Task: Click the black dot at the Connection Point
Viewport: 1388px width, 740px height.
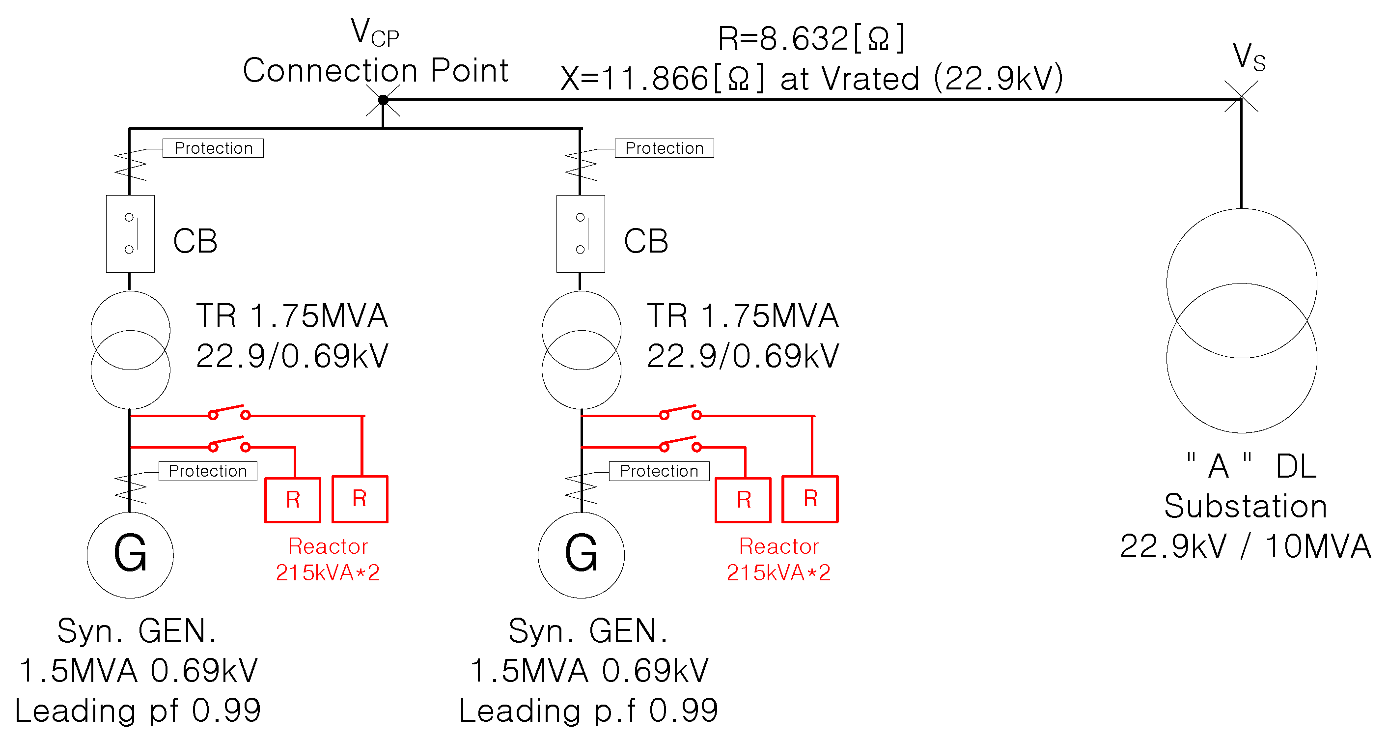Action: [x=383, y=100]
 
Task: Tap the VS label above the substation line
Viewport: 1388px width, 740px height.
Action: [x=1248, y=57]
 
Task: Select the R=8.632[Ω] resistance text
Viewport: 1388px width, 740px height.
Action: [x=811, y=39]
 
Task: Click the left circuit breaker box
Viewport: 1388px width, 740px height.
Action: [x=130, y=233]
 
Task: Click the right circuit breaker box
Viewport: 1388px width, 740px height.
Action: [x=581, y=233]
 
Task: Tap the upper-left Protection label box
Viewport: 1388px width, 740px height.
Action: [x=213, y=148]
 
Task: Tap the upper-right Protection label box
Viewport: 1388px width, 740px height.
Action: [x=664, y=148]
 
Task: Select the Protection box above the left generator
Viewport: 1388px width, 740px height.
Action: [x=207, y=471]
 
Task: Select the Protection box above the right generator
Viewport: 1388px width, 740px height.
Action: [x=659, y=471]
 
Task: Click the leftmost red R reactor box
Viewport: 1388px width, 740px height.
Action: [x=293, y=500]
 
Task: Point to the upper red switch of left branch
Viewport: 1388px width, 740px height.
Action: [x=229, y=412]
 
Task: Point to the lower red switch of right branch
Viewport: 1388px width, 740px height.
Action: [x=680, y=444]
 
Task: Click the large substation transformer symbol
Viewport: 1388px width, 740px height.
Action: [x=1242, y=321]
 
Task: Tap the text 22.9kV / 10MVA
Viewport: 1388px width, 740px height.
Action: [x=1245, y=546]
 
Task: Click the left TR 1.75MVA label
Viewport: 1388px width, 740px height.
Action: [x=292, y=316]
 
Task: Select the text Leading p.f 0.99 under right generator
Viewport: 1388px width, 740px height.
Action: [x=588, y=711]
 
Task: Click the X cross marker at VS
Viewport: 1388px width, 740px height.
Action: [x=1241, y=97]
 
